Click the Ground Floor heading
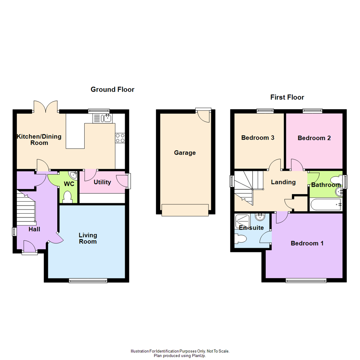[x=112, y=89]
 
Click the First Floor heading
[x=287, y=97]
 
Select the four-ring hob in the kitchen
[x=120, y=138]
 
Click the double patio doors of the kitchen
[x=46, y=107]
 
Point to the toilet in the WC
[x=68, y=197]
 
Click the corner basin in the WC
[x=73, y=175]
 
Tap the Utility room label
[x=102, y=182]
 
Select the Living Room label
[x=88, y=238]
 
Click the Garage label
[x=185, y=153]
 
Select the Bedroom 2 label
[x=314, y=138]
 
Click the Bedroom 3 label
[x=258, y=138]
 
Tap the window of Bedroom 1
[x=306, y=281]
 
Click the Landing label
[x=283, y=182]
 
